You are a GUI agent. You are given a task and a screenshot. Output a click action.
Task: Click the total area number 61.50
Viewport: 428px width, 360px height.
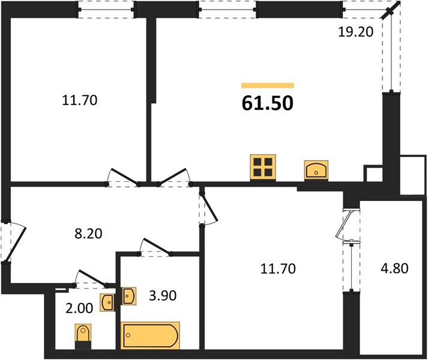[268, 104]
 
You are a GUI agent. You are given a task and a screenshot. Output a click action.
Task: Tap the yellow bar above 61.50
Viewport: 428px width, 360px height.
[268, 86]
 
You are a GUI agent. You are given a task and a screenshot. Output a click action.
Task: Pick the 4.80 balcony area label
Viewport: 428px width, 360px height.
[393, 268]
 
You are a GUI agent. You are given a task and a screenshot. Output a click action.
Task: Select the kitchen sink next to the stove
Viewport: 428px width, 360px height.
[316, 170]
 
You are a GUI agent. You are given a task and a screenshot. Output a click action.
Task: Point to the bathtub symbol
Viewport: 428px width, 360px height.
[150, 335]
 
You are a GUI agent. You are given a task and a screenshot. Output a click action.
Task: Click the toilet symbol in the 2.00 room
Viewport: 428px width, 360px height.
[83, 335]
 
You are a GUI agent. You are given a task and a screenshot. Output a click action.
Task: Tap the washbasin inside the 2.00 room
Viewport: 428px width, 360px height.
[107, 302]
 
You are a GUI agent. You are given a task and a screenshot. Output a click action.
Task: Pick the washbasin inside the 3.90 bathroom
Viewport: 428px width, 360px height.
[129, 296]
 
